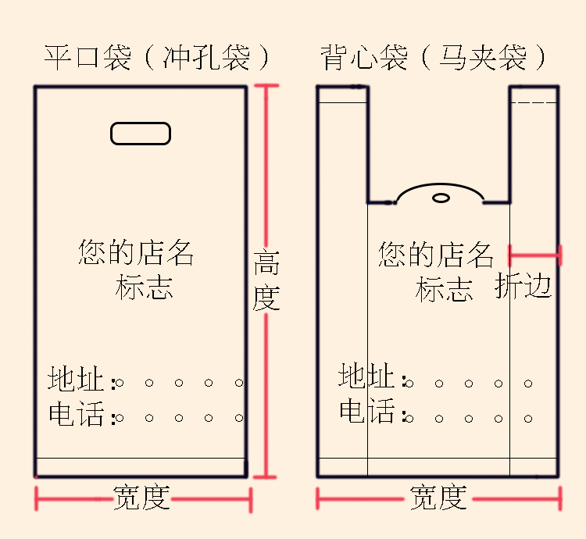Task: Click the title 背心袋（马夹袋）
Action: pyautogui.click(x=434, y=58)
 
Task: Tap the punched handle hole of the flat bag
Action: pyautogui.click(x=141, y=134)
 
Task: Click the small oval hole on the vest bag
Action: pyautogui.click(x=441, y=198)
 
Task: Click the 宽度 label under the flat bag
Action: pyautogui.click(x=141, y=498)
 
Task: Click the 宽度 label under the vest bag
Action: pyautogui.click(x=438, y=498)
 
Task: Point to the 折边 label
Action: pyautogui.click(x=523, y=287)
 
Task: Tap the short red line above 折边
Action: pyautogui.click(x=535, y=254)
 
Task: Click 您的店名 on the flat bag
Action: pyautogui.click(x=136, y=253)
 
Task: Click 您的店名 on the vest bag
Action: pyautogui.click(x=436, y=255)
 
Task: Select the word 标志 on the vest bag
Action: pyautogui.click(x=444, y=290)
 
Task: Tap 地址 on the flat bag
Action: pyautogui.click(x=76, y=380)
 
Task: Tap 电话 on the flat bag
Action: pyautogui.click(x=76, y=414)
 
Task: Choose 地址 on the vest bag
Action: pyautogui.click(x=366, y=377)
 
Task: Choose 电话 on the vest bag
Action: pyautogui.click(x=366, y=411)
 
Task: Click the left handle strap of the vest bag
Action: pyautogui.click(x=342, y=141)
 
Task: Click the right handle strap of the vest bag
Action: pyautogui.click(x=534, y=141)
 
